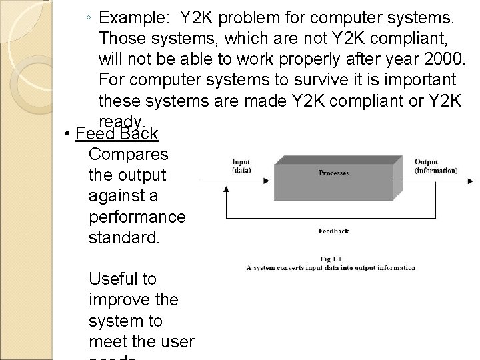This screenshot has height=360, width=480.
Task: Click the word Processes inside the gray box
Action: (333, 173)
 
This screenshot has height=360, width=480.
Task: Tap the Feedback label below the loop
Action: (333, 231)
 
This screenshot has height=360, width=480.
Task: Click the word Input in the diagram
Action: (241, 161)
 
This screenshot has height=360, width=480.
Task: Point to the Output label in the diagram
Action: (426, 161)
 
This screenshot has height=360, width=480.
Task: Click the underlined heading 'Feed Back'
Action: (117, 134)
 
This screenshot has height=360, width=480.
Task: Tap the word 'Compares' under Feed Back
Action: (129, 154)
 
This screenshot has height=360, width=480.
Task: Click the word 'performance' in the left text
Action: (137, 217)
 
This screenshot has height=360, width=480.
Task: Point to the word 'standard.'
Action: (125, 237)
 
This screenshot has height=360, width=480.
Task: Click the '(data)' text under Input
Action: (241, 169)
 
